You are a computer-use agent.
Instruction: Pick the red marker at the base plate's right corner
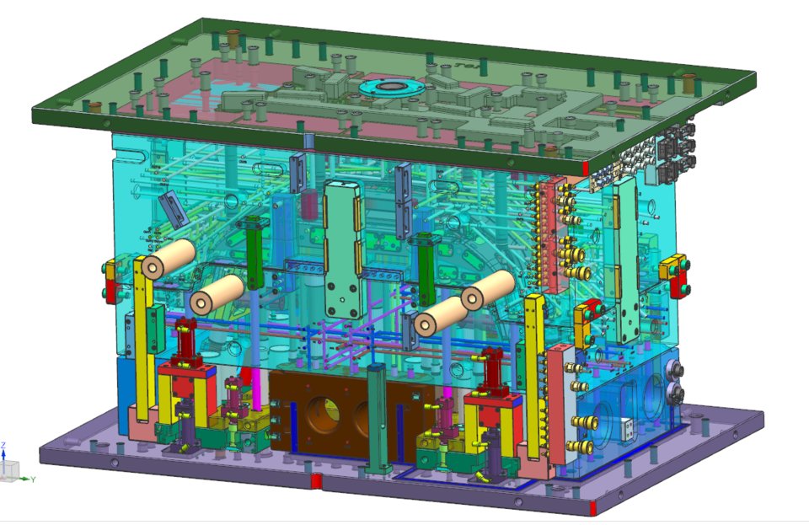tap(596, 507)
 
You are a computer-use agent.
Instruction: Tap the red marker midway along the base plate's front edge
tap(316, 481)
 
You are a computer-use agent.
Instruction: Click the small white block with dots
tap(627, 429)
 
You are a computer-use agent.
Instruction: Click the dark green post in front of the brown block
tap(378, 419)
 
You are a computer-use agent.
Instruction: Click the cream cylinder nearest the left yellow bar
tap(163, 259)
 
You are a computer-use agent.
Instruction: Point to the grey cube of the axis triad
tap(10, 469)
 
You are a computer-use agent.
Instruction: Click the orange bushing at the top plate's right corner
tap(688, 83)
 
